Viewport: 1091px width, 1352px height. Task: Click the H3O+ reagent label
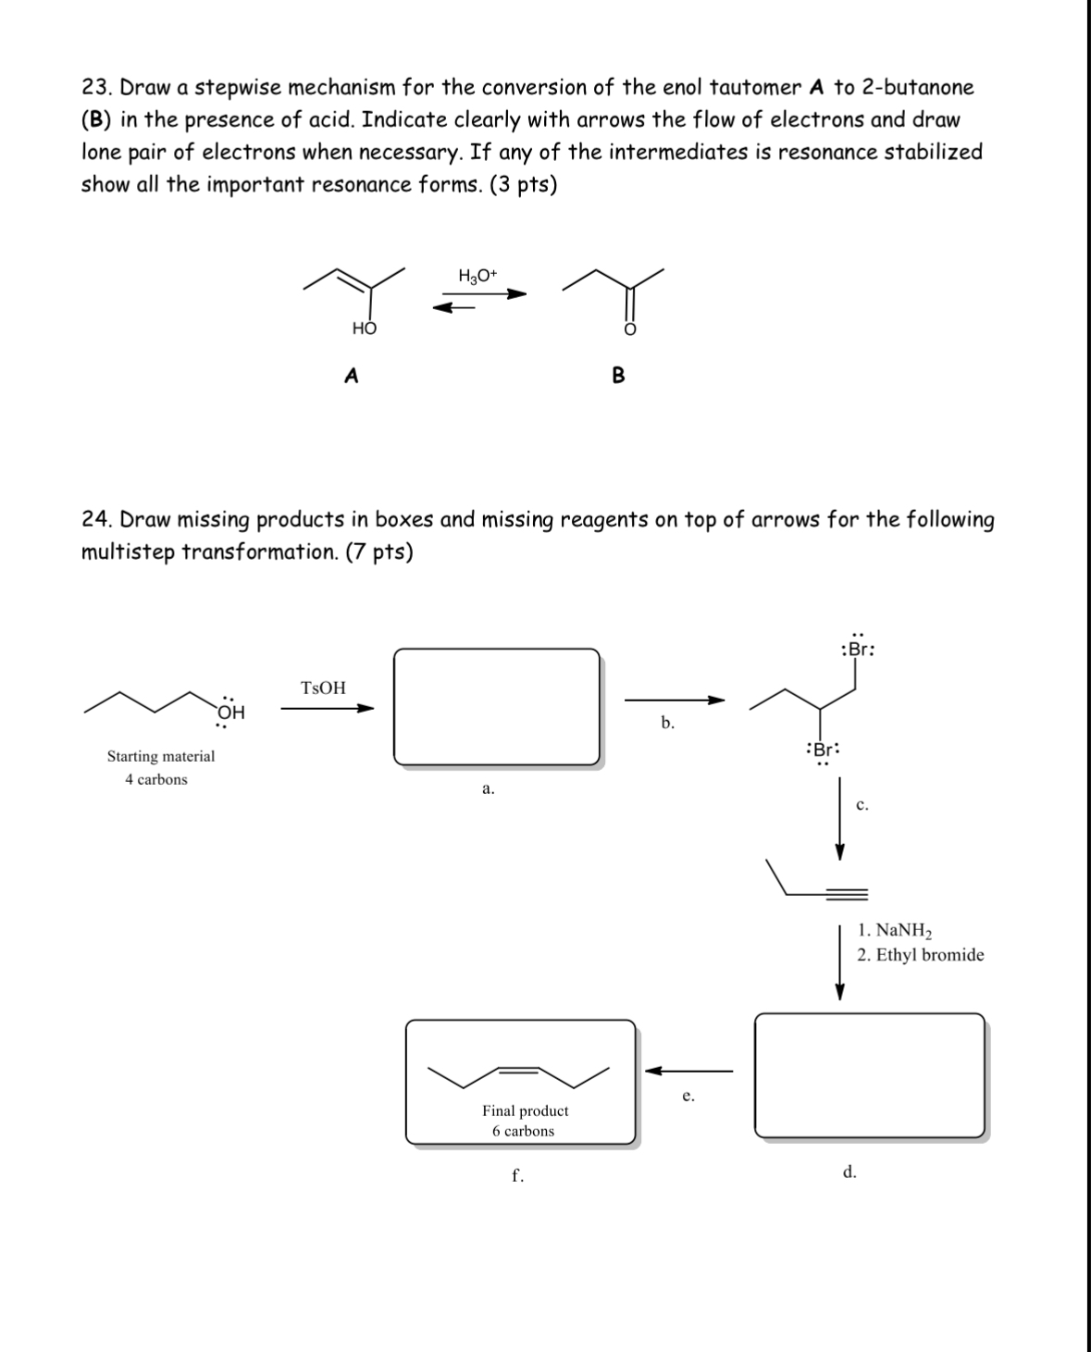coord(477,276)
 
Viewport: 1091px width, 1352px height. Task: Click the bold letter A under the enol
coord(351,376)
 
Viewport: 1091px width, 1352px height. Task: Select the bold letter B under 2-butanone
coord(618,376)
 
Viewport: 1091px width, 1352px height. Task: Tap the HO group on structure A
coord(364,329)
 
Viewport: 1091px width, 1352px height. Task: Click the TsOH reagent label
coord(323,688)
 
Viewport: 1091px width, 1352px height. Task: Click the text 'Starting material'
coord(160,756)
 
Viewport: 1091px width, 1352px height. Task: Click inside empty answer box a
coord(497,706)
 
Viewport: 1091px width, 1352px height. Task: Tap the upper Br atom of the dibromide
coord(857,649)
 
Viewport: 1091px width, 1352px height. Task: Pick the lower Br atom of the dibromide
coord(823,750)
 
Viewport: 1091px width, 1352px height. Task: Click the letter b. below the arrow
coord(667,723)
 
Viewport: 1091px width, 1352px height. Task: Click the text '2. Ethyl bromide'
coord(920,955)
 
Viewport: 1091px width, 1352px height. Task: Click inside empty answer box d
coord(869,1074)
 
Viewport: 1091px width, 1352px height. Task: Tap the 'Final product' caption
coord(525,1110)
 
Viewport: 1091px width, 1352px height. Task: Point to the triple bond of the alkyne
coord(847,894)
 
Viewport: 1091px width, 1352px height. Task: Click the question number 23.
coord(96,88)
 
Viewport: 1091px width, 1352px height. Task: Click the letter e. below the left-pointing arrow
coord(688,1097)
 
